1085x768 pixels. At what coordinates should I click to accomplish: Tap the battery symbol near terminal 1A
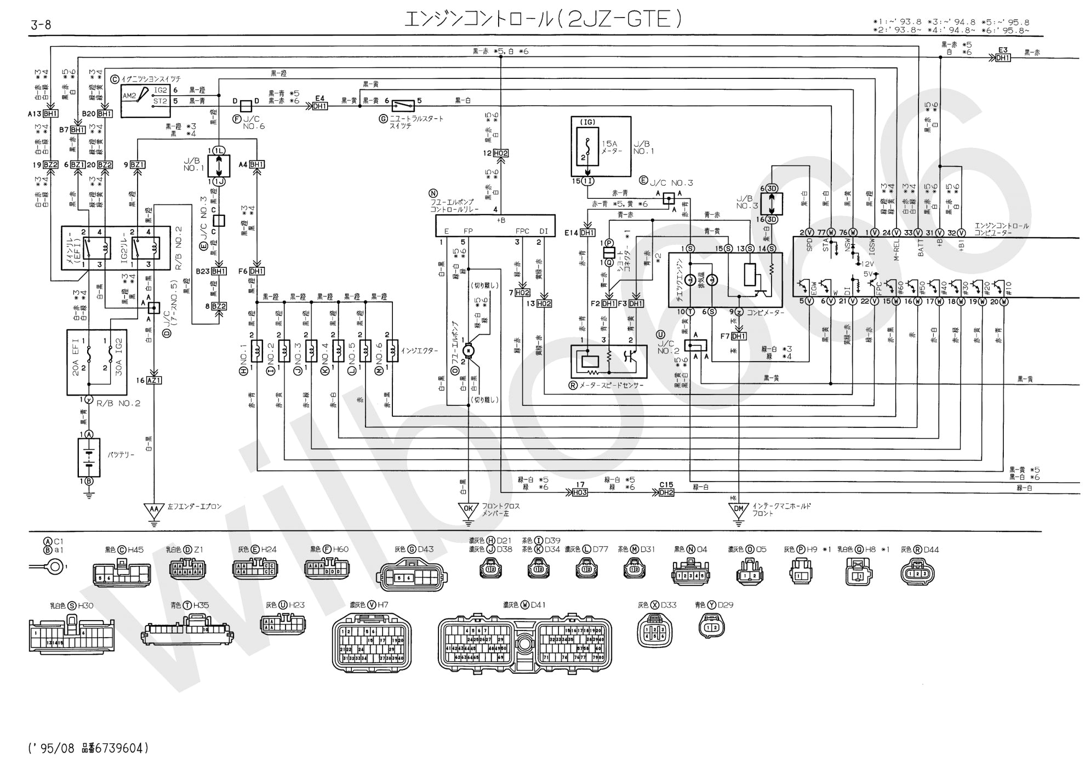(x=88, y=457)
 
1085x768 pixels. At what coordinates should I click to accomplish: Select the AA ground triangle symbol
(x=155, y=511)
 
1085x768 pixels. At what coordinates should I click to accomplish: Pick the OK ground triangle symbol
(x=469, y=511)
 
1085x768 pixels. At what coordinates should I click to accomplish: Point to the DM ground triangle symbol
(x=739, y=511)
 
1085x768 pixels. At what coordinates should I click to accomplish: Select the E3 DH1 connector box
(x=1002, y=58)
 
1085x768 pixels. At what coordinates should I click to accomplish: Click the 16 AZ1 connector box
(x=154, y=380)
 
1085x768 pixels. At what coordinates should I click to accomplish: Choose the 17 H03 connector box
(x=580, y=492)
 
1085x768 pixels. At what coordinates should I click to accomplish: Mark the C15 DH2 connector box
(x=666, y=492)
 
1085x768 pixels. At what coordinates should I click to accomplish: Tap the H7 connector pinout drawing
(x=371, y=642)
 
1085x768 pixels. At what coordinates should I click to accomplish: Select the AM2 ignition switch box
(x=145, y=100)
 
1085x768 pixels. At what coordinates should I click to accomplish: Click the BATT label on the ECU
(x=921, y=250)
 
